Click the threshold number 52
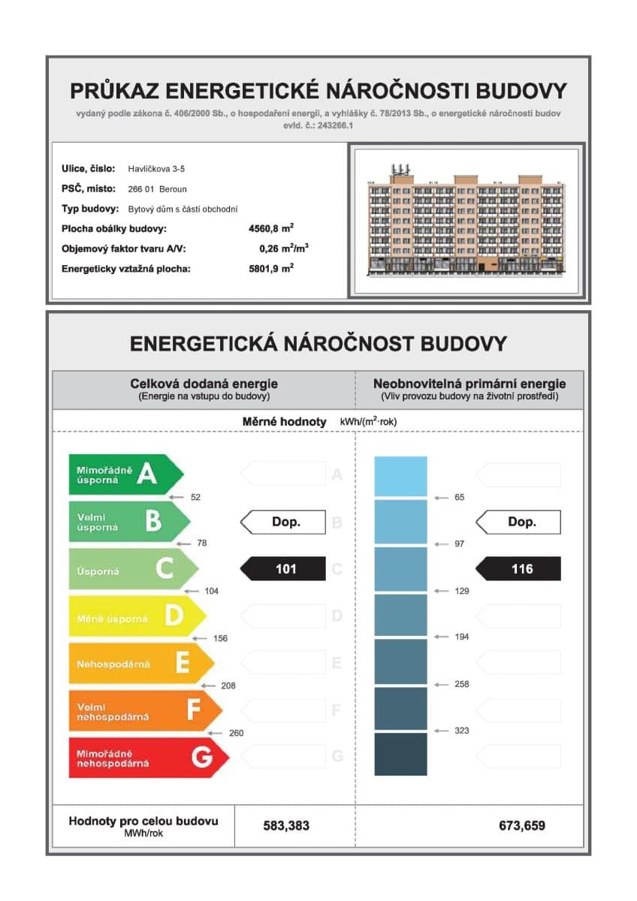(195, 497)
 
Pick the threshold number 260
(236, 733)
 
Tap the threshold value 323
(462, 731)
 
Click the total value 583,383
(286, 826)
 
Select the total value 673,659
(522, 826)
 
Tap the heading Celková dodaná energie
(204, 384)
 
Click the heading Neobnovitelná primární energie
(469, 384)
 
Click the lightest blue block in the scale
(400, 476)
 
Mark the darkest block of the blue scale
(400, 754)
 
